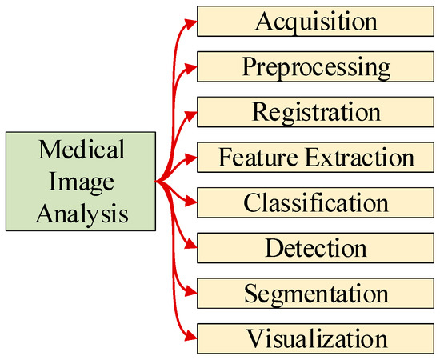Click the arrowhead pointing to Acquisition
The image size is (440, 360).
(190, 22)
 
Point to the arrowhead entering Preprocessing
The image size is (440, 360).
(190, 66)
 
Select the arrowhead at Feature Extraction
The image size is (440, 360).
(190, 156)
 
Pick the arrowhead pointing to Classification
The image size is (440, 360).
(190, 201)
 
